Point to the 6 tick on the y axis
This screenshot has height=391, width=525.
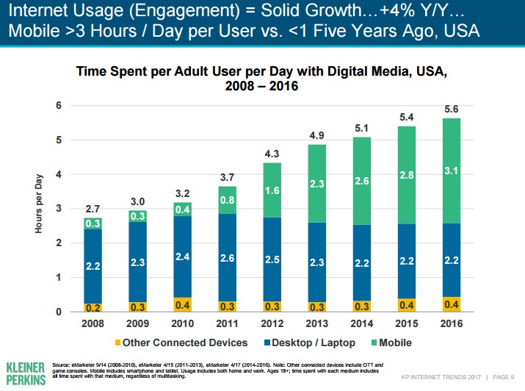click(x=59, y=106)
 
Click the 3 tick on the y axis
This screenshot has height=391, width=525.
click(x=59, y=209)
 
